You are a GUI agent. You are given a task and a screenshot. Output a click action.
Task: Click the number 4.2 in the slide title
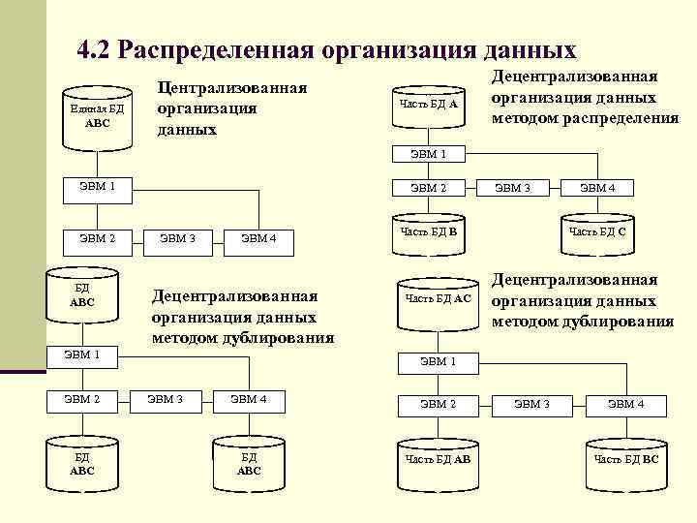[x=93, y=50]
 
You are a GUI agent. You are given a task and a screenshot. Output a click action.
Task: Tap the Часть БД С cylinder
[x=596, y=233]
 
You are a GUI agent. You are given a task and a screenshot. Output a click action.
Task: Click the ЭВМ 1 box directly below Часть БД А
[x=429, y=153]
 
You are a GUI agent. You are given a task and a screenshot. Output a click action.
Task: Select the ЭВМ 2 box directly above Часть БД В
[x=429, y=188]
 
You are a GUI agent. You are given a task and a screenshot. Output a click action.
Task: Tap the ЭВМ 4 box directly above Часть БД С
[x=597, y=188]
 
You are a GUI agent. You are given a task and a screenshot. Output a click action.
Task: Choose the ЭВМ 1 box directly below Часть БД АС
[x=438, y=361]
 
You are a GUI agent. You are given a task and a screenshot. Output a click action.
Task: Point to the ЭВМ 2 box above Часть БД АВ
[x=438, y=403]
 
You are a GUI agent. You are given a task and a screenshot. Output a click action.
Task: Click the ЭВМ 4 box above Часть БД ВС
[x=625, y=403]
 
